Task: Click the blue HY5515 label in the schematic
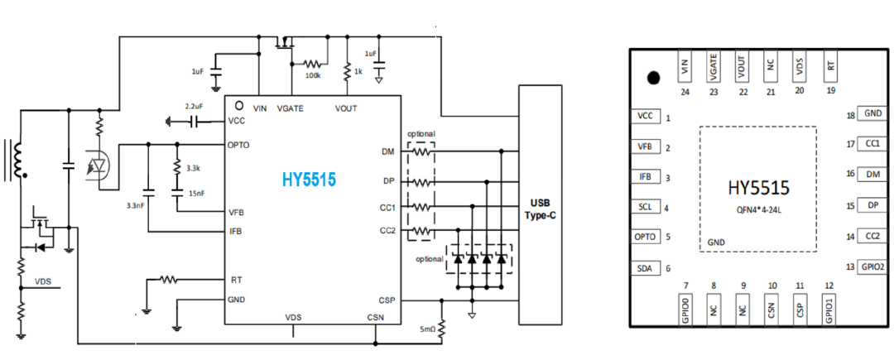pos(309,180)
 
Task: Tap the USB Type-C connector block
pos(541,205)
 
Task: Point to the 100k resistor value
pos(312,76)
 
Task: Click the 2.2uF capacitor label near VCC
pos(195,107)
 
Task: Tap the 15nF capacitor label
pos(195,194)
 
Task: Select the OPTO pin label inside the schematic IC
pos(239,145)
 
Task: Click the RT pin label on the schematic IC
pos(233,280)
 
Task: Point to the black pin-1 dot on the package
pos(654,78)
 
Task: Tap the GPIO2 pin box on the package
pos(872,266)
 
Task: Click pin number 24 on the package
pos(685,91)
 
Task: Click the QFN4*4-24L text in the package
pos(758,208)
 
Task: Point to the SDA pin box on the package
pos(645,268)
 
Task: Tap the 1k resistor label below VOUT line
pos(358,73)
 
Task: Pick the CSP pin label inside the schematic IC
pos(387,300)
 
